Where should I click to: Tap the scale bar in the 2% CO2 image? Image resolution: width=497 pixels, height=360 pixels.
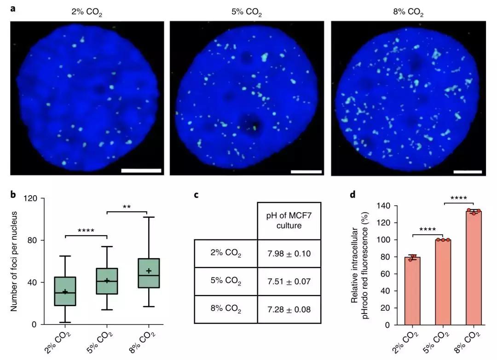(141, 170)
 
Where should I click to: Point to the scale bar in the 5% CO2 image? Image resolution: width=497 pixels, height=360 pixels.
(306, 172)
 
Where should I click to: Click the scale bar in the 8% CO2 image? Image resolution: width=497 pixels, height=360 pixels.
(468, 172)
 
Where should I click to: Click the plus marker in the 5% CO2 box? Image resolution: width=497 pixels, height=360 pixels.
(107, 280)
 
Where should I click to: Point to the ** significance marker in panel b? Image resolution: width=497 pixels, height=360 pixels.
(127, 207)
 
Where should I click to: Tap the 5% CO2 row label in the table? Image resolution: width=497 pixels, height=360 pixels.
(226, 281)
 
